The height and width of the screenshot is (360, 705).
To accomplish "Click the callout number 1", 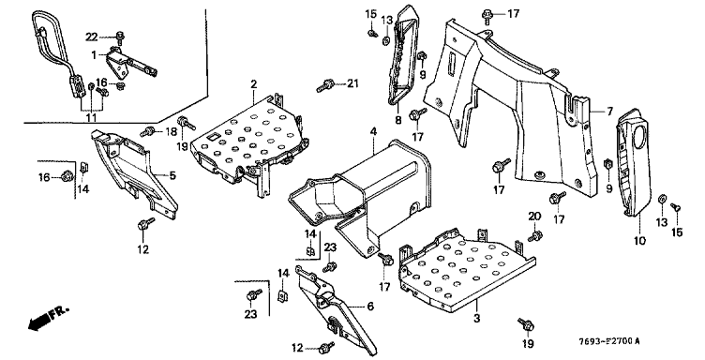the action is point(94,55).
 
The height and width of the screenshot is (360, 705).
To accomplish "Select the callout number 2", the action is point(253,84).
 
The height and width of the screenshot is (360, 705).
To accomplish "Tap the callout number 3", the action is point(476,318).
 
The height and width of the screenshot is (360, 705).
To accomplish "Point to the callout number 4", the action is point(373,131).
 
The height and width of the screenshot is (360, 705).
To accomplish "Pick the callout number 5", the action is point(172,175).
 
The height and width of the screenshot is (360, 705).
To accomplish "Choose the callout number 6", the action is point(370,306).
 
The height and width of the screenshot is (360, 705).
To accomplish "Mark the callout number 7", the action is point(609,111).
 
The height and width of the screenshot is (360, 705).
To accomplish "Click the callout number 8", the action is point(397,120).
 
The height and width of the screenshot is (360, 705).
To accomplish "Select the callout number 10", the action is point(639,240).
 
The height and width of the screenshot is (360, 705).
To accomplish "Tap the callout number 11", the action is point(91,118).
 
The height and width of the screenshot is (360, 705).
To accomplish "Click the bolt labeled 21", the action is point(324,85).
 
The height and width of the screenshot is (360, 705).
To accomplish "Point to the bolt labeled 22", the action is point(120,37).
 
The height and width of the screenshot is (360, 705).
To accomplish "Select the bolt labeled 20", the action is point(535,235).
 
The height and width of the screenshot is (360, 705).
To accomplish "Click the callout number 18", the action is point(172,131).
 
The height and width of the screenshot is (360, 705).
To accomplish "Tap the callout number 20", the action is point(534,217).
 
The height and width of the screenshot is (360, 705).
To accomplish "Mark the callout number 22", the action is point(92,37).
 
